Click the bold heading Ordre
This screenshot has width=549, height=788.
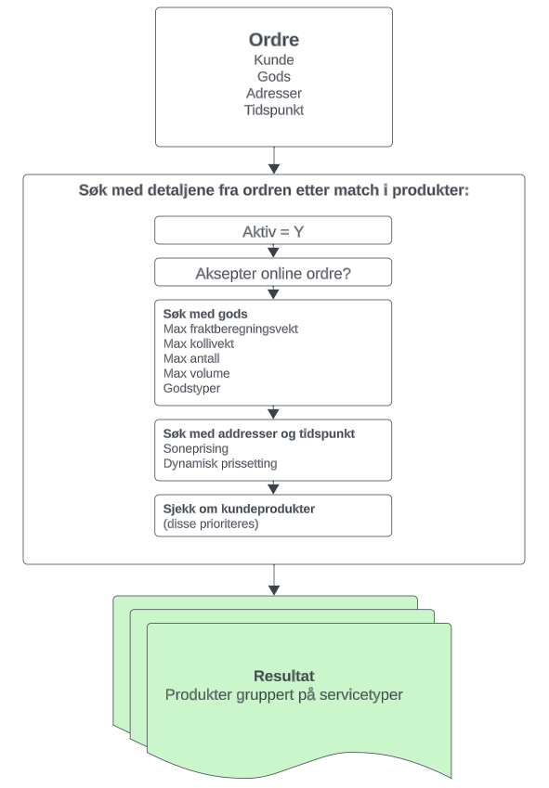[x=274, y=40]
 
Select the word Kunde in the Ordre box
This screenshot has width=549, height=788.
[x=274, y=59]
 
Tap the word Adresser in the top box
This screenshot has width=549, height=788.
[x=274, y=94]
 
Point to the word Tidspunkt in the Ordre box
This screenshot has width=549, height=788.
[x=274, y=110]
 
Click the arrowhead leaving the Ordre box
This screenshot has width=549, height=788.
[x=274, y=169]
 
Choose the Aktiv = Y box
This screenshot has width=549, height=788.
[x=273, y=230]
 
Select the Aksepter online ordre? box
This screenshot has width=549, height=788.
[x=273, y=272]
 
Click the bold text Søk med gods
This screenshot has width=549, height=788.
[x=205, y=314]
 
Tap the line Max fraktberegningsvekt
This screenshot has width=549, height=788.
[x=230, y=329]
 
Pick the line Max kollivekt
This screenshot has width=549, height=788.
[x=199, y=343]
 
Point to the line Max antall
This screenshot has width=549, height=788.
[x=191, y=359]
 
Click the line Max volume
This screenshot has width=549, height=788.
[x=197, y=373]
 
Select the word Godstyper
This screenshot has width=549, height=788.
[x=191, y=389]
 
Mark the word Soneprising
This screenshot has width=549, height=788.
[x=196, y=449]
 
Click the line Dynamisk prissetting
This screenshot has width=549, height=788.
[x=220, y=463]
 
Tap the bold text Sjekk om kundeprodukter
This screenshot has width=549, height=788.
[x=239, y=509]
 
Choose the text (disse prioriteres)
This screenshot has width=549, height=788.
[x=211, y=524]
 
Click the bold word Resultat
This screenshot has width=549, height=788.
[x=284, y=676]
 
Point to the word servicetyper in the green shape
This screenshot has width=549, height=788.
[x=361, y=695]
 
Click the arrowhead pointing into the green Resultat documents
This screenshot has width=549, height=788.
[x=274, y=590]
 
